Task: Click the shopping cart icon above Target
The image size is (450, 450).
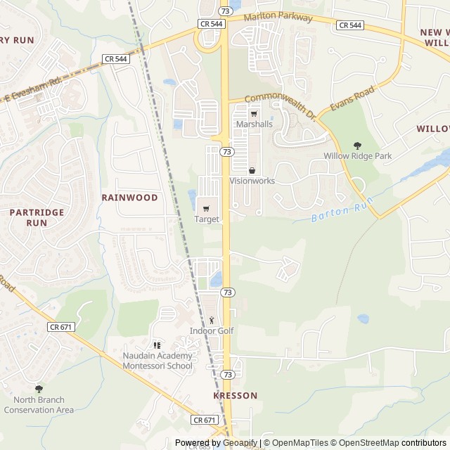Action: tap(206, 208)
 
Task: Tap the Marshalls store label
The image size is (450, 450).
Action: tap(254, 124)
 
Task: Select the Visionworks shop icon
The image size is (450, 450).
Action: tap(252, 170)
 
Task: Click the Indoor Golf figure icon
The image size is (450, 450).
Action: tap(211, 321)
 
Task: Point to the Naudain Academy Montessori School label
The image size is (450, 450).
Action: tap(157, 361)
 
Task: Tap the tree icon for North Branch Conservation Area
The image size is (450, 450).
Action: tap(39, 389)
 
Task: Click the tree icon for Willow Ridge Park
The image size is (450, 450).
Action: tap(357, 146)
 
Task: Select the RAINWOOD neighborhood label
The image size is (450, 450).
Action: tap(129, 198)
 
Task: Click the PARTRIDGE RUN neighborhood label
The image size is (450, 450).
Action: tap(37, 217)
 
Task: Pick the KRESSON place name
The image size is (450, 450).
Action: tap(235, 396)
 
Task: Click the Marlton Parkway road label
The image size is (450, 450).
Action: tap(277, 18)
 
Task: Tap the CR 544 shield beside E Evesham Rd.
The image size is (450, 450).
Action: tap(115, 59)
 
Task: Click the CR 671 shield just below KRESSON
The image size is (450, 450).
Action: tap(204, 420)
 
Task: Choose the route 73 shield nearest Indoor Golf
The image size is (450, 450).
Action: tap(227, 292)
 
